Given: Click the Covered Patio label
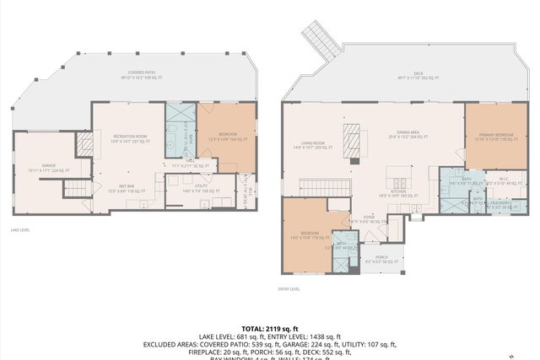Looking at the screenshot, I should [x=141, y=75].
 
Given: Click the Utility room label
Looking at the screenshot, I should [x=201, y=188].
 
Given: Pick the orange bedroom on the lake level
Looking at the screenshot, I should [x=225, y=136].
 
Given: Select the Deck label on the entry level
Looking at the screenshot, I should [x=418, y=76].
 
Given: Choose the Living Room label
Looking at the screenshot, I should [x=314, y=146].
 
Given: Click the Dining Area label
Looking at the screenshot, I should [x=408, y=136].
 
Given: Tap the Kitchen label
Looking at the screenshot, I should [x=399, y=193].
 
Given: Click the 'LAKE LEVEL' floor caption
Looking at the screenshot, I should [x=22, y=228].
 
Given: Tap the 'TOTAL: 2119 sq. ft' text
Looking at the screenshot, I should [x=269, y=328].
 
